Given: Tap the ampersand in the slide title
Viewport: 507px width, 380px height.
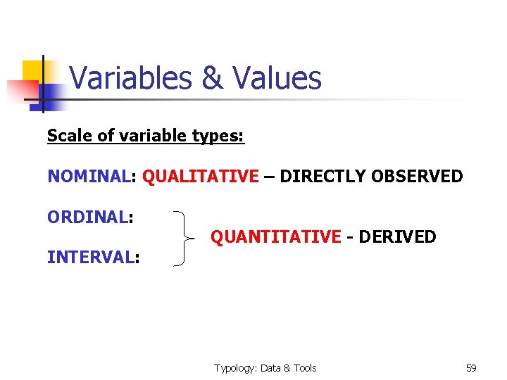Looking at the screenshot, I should (x=212, y=78).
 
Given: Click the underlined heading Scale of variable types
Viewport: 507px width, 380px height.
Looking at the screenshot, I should (x=145, y=135).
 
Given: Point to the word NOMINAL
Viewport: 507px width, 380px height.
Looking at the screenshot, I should (x=88, y=176).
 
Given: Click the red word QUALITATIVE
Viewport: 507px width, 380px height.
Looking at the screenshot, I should (x=201, y=176).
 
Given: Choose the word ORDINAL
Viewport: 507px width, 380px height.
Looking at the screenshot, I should (x=87, y=217).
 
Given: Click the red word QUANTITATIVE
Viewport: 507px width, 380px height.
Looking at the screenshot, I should (x=275, y=237).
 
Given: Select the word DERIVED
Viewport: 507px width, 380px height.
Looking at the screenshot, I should (x=397, y=237).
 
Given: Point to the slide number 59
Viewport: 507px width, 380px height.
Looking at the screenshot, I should (x=471, y=368).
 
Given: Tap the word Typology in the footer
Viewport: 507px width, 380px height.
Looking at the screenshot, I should (x=235, y=368).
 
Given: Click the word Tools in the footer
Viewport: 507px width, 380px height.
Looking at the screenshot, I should (x=304, y=368).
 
